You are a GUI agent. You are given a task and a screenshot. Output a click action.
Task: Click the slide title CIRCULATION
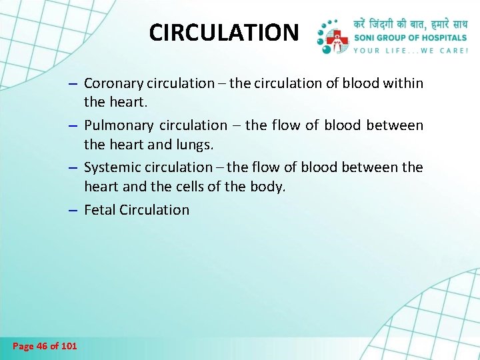(x=224, y=32)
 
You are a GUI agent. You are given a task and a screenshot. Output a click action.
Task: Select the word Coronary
(x=112, y=83)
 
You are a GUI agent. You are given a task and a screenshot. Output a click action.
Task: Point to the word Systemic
(x=111, y=167)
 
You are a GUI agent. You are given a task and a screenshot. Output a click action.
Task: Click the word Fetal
(x=100, y=209)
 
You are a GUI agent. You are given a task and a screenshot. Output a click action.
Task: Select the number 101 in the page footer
(x=69, y=345)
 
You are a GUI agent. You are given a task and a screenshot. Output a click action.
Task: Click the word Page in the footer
(x=22, y=345)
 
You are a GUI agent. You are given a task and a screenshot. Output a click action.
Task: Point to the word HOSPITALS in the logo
(x=443, y=38)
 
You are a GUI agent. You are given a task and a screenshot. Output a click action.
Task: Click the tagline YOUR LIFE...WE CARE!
(x=410, y=50)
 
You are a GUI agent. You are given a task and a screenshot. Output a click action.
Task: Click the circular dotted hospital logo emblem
(x=333, y=36)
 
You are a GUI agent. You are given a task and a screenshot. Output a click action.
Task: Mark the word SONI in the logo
(x=365, y=38)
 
